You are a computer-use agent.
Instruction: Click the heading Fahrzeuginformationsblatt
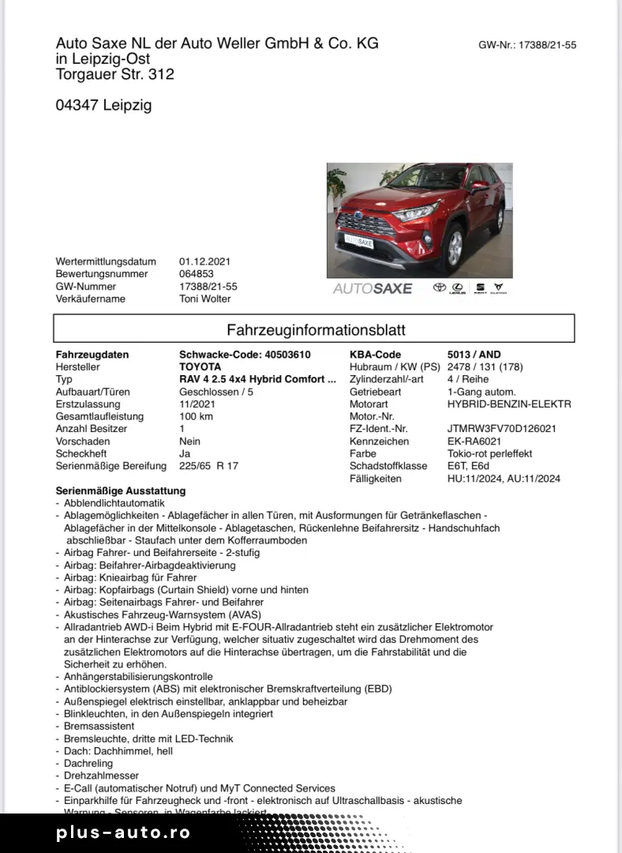tap(316, 329)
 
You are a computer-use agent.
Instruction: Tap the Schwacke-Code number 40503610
tap(289, 355)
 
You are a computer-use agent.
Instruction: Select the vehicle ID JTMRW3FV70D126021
tap(501, 429)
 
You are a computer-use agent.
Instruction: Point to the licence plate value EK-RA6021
tap(474, 442)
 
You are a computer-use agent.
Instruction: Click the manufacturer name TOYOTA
tap(200, 367)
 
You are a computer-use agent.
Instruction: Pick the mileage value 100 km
tap(197, 416)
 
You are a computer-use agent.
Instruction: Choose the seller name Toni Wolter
tap(205, 299)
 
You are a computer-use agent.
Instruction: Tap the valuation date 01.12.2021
tap(205, 261)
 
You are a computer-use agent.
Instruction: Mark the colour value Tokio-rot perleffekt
tap(489, 454)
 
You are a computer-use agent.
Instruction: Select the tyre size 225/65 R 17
tap(208, 466)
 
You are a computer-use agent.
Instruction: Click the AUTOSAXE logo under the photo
tap(373, 288)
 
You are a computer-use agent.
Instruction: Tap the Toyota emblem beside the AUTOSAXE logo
tap(439, 288)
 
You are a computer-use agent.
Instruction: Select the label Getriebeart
tap(375, 392)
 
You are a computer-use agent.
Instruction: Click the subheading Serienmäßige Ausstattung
tap(121, 490)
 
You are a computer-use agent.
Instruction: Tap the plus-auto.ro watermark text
tap(123, 832)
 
